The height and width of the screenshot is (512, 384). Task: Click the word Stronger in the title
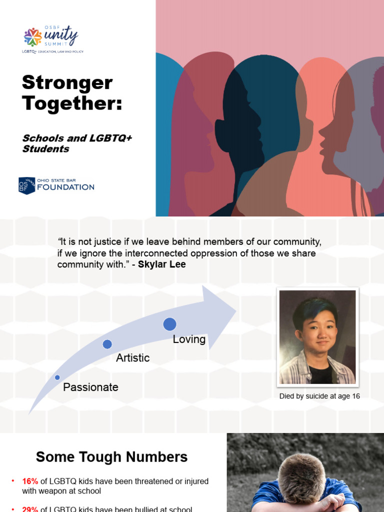tap(67, 83)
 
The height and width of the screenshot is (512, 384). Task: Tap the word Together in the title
tap(72, 103)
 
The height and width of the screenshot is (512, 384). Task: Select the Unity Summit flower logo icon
tap(33, 37)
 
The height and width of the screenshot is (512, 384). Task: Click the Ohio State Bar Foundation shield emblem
tap(26, 185)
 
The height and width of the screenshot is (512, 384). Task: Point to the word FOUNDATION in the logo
tap(65, 187)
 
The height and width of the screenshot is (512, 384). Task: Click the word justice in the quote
tap(107, 242)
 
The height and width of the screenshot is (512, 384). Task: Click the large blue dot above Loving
tap(169, 324)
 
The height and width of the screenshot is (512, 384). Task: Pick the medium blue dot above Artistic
tap(107, 344)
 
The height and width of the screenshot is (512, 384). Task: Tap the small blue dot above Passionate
tap(57, 377)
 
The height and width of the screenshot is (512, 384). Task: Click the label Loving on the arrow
tap(189, 339)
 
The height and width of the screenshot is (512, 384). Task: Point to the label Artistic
tap(132, 357)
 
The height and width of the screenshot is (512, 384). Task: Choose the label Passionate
tap(90, 387)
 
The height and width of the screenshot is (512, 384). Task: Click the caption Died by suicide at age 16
tap(319, 396)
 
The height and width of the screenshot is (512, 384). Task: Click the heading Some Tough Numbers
tap(112, 456)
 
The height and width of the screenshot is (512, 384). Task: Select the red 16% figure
tap(30, 481)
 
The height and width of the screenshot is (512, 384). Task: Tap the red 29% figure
tap(30, 509)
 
